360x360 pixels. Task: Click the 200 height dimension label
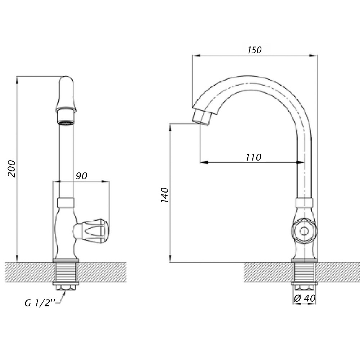pyautogui.click(x=12, y=169)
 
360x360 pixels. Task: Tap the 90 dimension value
pyautogui.click(x=81, y=176)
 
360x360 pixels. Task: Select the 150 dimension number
pyautogui.click(x=255, y=50)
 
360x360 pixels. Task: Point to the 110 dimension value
pyautogui.click(x=253, y=157)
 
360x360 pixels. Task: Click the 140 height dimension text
pyautogui.click(x=165, y=195)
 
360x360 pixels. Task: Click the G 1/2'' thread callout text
pyautogui.click(x=40, y=303)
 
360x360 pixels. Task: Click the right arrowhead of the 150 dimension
pyautogui.click(x=314, y=55)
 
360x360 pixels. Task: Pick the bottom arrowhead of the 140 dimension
pyautogui.click(x=170, y=258)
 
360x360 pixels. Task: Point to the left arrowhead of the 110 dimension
pyautogui.click(x=204, y=162)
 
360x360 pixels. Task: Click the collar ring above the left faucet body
pyautogui.click(x=66, y=202)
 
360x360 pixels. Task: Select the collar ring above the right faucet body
pyautogui.click(x=304, y=202)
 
